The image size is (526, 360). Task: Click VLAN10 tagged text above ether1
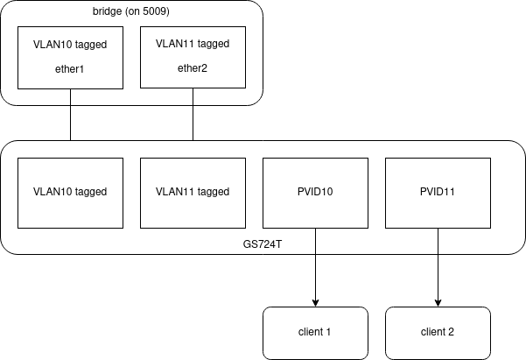pos(70,41)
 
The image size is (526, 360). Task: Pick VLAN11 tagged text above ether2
pos(193,41)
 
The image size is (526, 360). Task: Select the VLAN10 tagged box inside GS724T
pos(70,193)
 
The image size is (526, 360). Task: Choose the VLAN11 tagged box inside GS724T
pos(193,193)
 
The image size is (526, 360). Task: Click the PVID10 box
pos(315,193)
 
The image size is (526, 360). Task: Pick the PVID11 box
pos(438,193)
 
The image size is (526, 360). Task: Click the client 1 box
pos(315,333)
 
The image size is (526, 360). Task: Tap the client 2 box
pos(438,333)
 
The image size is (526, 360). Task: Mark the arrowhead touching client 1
pos(315,302)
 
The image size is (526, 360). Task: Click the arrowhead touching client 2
pos(438,302)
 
